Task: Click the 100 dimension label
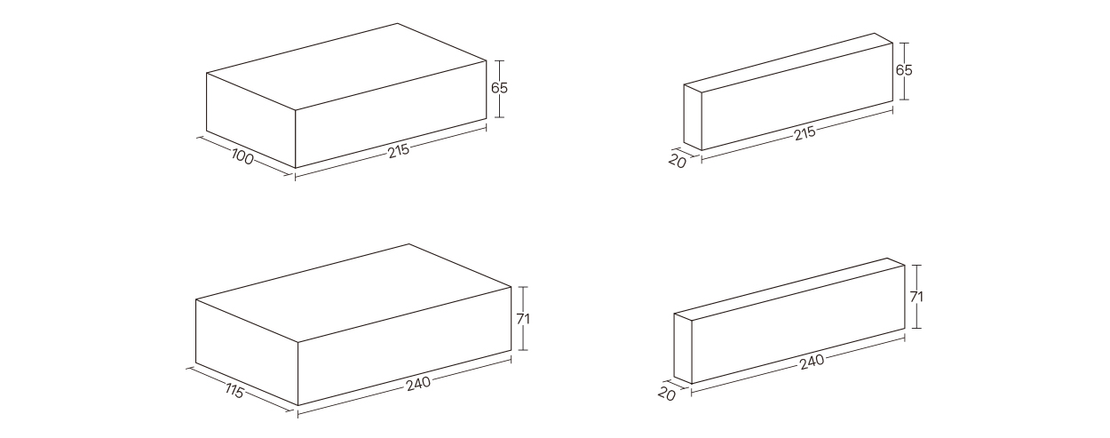[242, 158]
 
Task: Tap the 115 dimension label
[234, 392]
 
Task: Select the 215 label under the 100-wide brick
[399, 151]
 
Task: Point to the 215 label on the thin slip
[805, 133]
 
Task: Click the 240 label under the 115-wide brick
[419, 384]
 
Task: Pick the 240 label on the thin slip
[812, 362]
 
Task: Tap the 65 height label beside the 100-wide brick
[499, 88]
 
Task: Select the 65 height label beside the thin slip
[904, 70]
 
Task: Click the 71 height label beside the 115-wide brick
[523, 319]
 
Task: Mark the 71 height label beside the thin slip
[916, 297]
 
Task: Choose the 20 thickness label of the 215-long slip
[678, 161]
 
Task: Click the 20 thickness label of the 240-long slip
[667, 394]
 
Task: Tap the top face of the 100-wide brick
[346, 66]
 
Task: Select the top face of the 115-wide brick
[353, 292]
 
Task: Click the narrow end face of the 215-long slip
[693, 117]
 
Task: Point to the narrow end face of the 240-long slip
[682, 348]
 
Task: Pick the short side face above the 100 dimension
[250, 121]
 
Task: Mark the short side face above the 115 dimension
[247, 352]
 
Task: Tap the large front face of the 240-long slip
[797, 324]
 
